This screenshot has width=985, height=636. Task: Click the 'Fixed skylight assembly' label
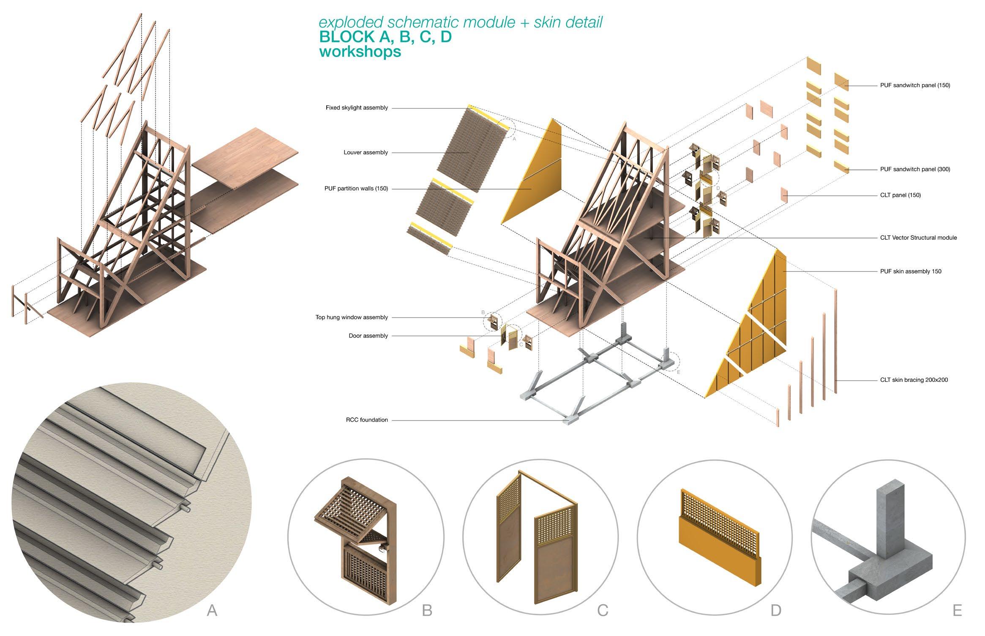tap(356, 108)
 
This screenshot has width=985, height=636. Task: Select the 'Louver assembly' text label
tap(366, 152)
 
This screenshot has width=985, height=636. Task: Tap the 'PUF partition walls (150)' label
tap(356, 189)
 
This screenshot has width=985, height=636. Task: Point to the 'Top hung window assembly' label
tap(351, 317)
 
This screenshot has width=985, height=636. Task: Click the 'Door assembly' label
tap(368, 336)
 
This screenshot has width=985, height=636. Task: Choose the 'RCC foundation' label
tap(366, 420)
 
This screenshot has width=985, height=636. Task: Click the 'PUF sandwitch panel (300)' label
tap(915, 169)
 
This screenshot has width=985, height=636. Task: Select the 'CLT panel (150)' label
tap(900, 195)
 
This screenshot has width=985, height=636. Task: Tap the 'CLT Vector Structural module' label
tap(918, 238)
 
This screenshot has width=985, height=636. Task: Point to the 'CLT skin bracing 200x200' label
tap(914, 380)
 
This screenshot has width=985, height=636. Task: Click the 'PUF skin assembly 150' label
tap(911, 271)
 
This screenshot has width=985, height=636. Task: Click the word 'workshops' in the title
tap(360, 52)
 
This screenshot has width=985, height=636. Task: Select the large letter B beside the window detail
tap(427, 610)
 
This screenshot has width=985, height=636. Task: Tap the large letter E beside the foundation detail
tap(957, 610)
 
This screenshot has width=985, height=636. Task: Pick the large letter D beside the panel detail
tap(776, 610)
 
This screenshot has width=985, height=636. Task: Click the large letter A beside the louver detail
tap(212, 610)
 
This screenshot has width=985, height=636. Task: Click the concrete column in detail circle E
tap(890, 524)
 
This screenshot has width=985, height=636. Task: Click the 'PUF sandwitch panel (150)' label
tap(915, 85)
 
